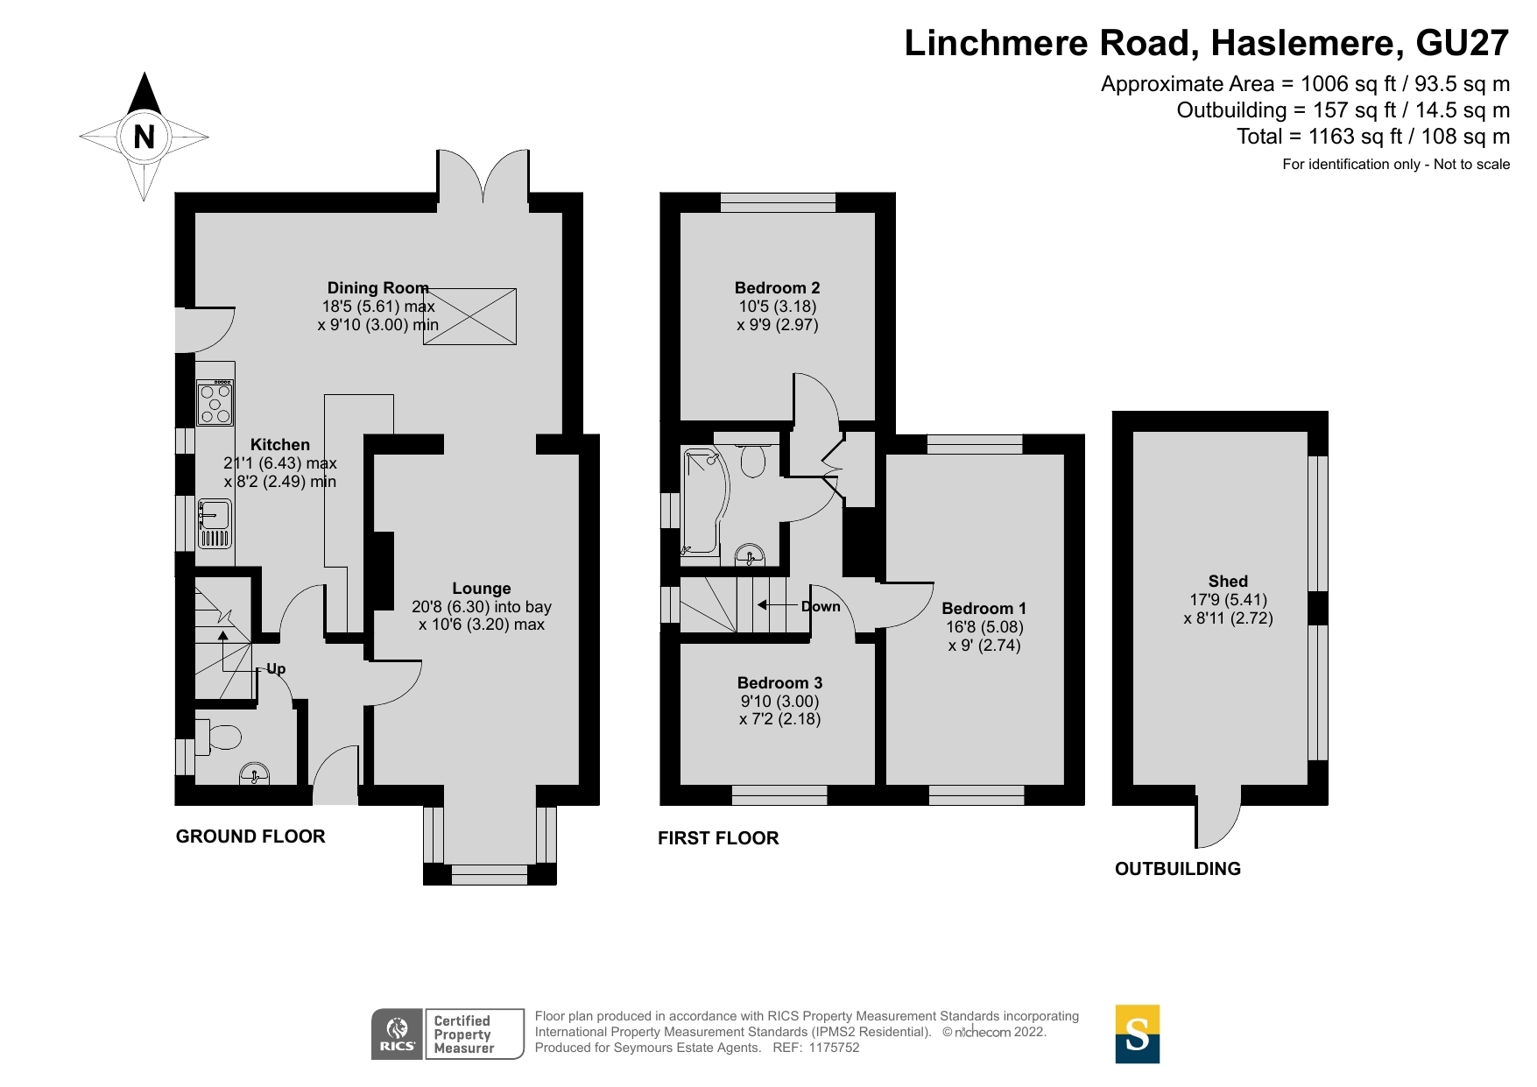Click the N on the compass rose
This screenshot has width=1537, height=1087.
point(144,137)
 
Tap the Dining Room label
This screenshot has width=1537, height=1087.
point(377,287)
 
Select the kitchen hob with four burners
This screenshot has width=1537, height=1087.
point(215,403)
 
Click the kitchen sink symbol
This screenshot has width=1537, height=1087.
point(215,523)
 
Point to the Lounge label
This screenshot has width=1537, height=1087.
point(482,589)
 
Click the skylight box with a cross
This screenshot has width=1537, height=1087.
point(470,316)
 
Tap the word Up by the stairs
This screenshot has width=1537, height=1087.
point(276,669)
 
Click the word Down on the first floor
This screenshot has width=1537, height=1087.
point(821,606)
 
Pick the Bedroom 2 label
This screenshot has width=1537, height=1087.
point(777,287)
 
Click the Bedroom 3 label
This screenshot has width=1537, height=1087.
point(779,682)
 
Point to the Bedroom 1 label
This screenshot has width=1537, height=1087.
point(984,608)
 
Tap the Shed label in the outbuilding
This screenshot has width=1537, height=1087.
point(1228,581)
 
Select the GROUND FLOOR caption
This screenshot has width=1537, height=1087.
point(250,836)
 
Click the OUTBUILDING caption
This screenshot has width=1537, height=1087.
point(1178,869)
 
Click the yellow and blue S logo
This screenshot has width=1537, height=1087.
point(1138,1034)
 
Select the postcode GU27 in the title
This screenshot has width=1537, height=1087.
point(1463,43)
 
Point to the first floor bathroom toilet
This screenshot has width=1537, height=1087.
point(753,460)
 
